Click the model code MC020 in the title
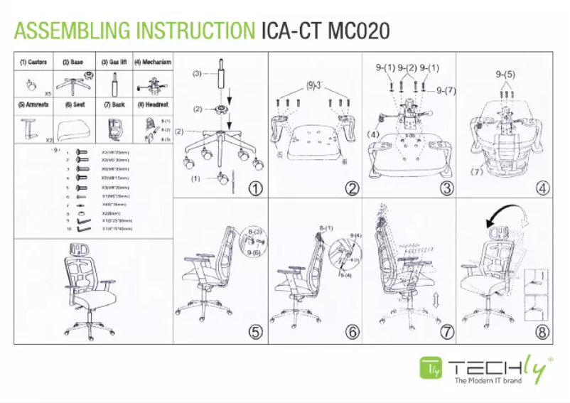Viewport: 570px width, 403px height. coord(358,31)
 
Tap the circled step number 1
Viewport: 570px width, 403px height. coord(255,188)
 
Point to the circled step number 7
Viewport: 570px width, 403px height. coord(447,332)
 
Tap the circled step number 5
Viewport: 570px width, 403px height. coord(255,332)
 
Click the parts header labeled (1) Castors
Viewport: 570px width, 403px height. coord(33,63)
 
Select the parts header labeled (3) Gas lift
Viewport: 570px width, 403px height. coord(113,63)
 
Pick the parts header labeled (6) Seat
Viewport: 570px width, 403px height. coord(74,104)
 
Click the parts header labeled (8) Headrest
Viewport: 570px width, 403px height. coord(152,104)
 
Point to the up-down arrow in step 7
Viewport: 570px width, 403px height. coord(434,299)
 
